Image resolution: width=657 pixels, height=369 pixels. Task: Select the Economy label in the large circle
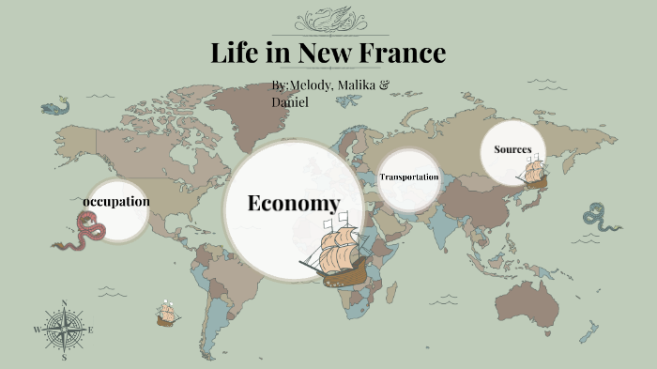tap(293, 204)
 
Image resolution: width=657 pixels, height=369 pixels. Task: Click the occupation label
tap(116, 202)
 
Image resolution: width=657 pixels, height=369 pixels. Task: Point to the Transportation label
tap(409, 177)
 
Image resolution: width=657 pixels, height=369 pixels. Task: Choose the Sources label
tap(512, 149)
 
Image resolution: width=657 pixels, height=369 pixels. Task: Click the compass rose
tap(64, 331)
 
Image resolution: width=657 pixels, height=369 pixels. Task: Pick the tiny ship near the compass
tap(168, 314)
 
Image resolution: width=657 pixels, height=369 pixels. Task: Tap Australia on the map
tap(534, 302)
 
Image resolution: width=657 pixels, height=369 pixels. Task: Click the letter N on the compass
tap(64, 302)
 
